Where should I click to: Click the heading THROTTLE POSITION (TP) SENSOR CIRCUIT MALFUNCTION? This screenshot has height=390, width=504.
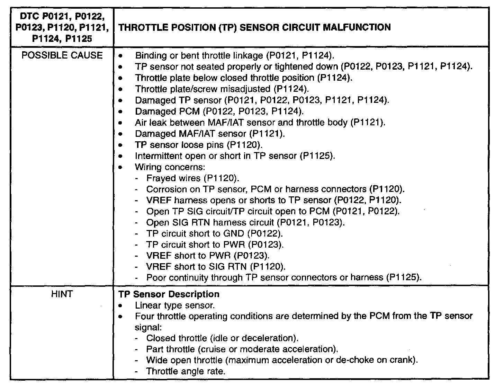coord(254,27)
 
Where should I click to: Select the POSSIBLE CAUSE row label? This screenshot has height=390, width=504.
coord(62,55)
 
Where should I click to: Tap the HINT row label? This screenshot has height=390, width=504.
coord(62,294)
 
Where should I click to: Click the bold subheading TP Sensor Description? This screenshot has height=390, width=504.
coord(169,294)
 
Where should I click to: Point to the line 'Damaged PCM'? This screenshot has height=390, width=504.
coord(219,112)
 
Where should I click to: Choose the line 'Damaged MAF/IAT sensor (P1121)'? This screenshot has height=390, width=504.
coord(210,134)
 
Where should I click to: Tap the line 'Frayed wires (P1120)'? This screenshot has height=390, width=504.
coord(193,178)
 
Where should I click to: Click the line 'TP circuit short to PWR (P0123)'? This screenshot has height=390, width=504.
coord(215,245)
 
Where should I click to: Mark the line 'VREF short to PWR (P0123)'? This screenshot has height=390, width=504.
coord(208,256)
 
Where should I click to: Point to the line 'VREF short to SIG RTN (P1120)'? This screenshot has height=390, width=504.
coord(216,267)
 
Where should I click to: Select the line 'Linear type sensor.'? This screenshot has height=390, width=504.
coord(175,305)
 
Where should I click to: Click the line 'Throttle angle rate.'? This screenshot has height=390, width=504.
coord(186,372)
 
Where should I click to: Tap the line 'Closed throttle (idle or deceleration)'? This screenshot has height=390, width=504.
coord(222,338)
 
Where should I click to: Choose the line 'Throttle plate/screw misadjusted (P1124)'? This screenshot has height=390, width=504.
coord(222,89)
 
